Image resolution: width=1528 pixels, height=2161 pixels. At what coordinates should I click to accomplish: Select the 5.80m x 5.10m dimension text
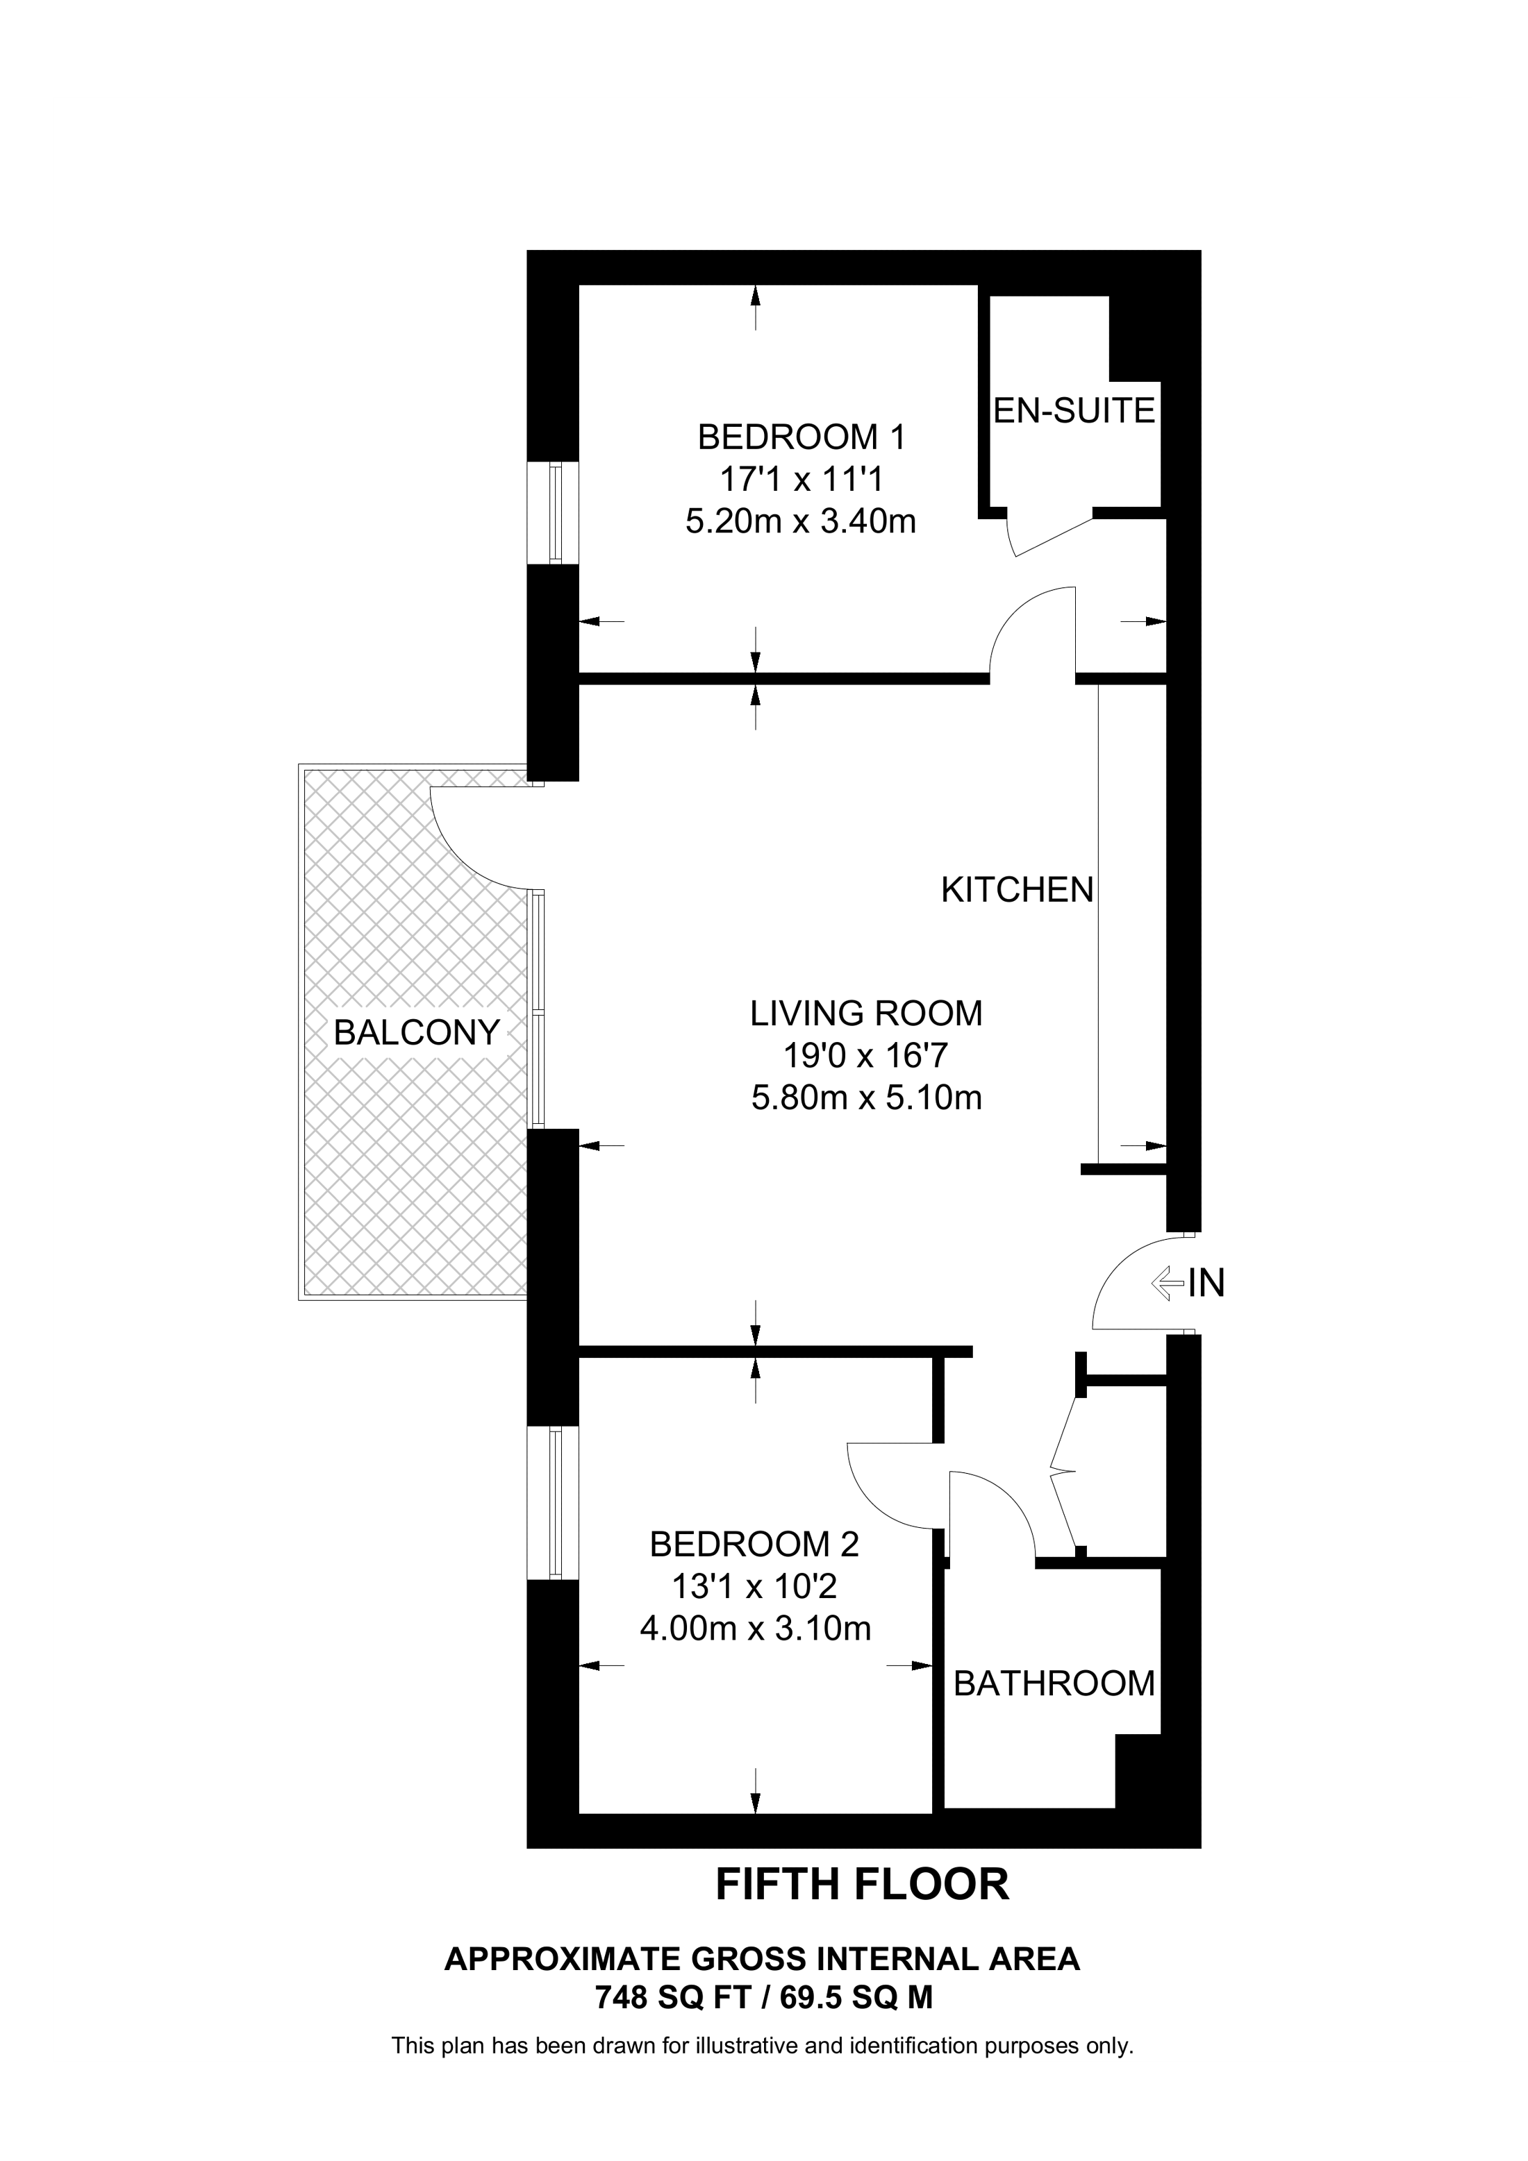866,1098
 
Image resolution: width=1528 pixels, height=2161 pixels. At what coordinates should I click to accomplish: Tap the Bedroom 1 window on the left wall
554,513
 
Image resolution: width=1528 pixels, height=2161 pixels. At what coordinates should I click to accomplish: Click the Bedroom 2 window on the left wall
554,1502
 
